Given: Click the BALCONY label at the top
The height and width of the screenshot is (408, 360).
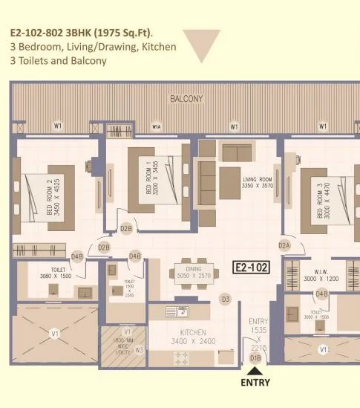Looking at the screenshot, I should coord(187,99).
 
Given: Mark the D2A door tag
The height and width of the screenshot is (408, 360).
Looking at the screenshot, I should coord(284,245).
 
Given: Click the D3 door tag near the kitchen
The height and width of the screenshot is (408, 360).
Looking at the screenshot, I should coord(225,299).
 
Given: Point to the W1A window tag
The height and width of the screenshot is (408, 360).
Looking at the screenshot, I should coord(157,127).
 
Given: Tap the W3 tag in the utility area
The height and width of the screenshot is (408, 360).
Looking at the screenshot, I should coord(139,349).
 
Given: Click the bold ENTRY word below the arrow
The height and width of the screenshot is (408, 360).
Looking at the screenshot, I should coord(255,383).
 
